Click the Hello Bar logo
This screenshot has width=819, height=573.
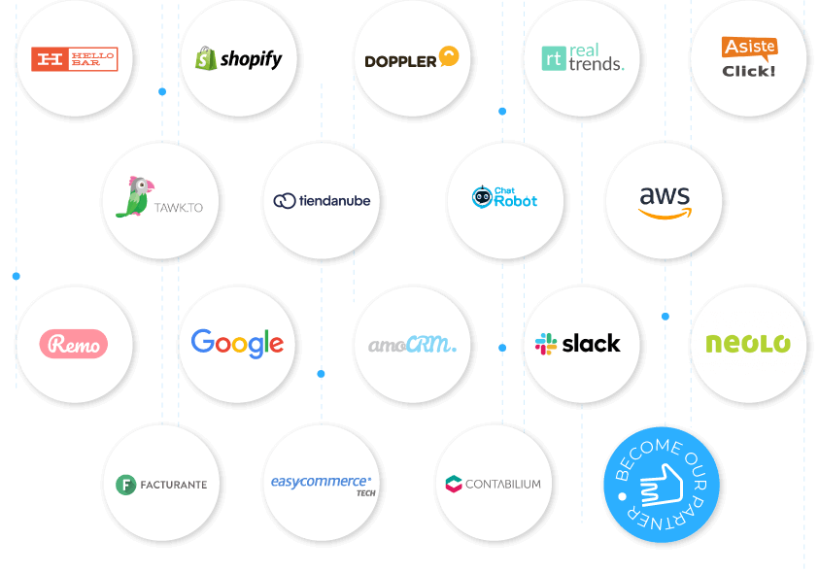tap(75, 59)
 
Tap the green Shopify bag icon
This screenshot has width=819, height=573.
tap(205, 58)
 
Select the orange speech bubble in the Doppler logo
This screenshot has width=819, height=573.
tap(448, 56)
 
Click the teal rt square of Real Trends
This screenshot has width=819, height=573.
tap(555, 58)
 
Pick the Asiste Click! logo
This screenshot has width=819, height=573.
tap(749, 57)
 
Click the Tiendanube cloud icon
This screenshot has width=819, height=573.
tap(284, 201)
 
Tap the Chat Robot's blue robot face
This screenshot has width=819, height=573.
tap(481, 198)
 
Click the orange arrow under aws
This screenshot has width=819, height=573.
tap(665, 213)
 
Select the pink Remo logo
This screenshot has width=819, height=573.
tap(74, 344)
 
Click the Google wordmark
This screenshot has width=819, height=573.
tap(237, 343)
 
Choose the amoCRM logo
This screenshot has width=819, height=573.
tap(412, 344)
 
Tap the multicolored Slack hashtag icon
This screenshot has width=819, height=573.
tap(546, 344)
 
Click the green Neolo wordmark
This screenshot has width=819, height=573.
tap(748, 344)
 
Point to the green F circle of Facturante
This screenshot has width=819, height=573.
tap(125, 484)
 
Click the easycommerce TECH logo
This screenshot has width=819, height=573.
tap(322, 483)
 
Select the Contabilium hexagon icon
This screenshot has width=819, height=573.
tap(454, 484)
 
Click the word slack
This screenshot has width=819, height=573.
tap(591, 344)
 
